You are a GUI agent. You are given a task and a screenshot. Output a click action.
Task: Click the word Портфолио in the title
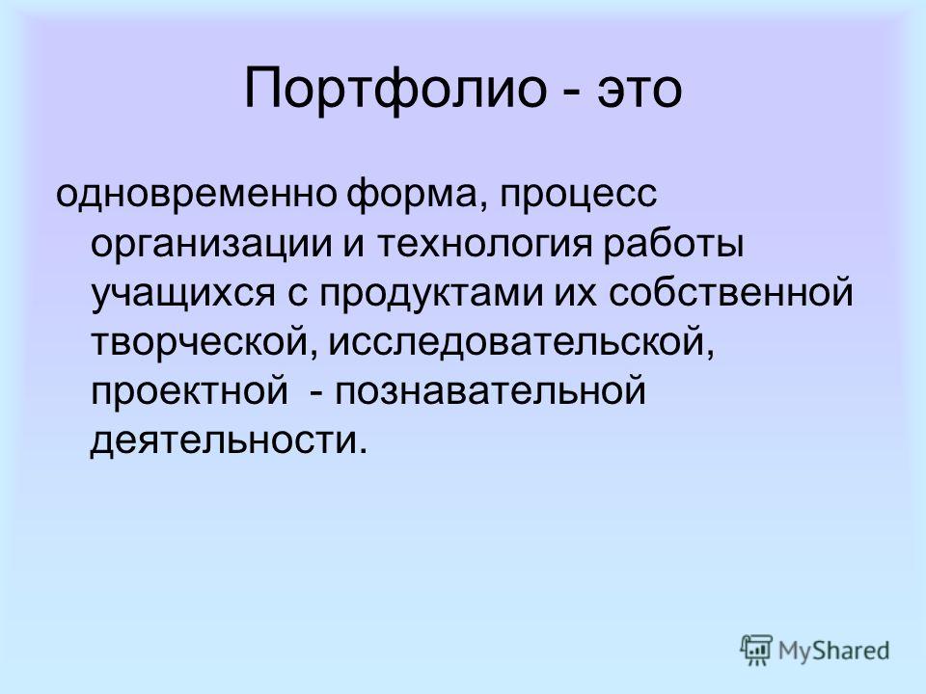395,90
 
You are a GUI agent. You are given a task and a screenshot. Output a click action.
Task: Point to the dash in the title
571,93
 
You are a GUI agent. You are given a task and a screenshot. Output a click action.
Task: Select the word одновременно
196,195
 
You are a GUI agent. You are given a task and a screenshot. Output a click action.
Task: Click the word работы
673,244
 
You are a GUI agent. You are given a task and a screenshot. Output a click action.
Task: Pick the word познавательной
491,390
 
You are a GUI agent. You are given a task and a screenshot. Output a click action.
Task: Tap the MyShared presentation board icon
756,651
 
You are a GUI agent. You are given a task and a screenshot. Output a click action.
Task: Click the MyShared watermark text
833,651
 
